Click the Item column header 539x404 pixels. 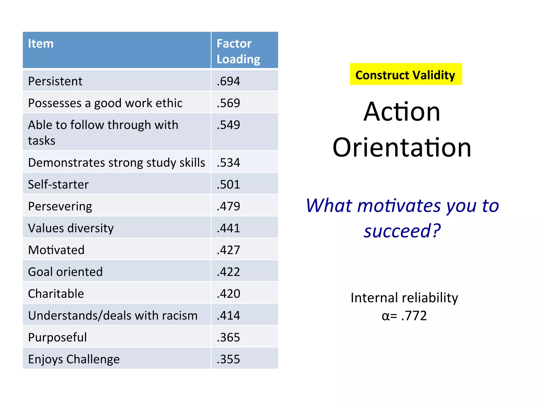click(41, 44)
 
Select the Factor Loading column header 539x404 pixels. click(238, 51)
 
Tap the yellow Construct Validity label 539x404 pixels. click(405, 75)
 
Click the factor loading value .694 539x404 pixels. click(228, 81)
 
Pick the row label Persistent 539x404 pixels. click(55, 81)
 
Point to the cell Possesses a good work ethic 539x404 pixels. click(105, 103)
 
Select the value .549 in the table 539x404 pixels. click(228, 125)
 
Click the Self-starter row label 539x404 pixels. click(58, 184)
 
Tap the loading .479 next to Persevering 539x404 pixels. click(228, 206)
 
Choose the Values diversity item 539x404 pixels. click(71, 228)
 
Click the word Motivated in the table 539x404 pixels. click(56, 250)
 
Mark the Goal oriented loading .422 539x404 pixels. click(228, 272)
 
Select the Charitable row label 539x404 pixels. click(56, 294)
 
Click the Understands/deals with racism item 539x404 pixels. click(113, 315)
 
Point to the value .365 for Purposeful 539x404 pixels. click(228, 337)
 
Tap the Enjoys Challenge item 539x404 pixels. click(74, 359)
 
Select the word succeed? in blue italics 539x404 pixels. click(402, 231)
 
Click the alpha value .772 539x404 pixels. click(414, 315)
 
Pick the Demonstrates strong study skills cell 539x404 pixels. click(116, 162)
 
